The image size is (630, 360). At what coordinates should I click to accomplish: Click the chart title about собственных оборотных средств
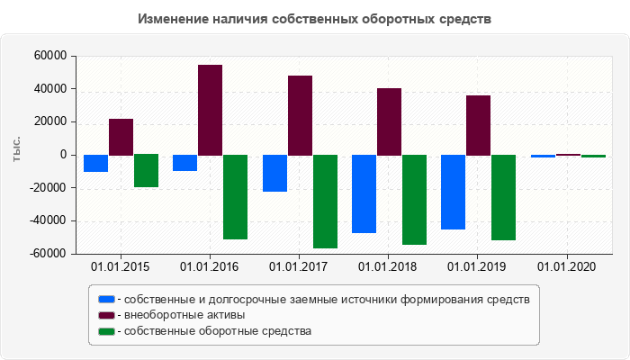(315, 19)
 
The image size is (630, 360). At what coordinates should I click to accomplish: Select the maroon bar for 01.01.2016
(210, 110)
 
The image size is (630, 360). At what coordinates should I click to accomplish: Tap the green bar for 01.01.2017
(325, 202)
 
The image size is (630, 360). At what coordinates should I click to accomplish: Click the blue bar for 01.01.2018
(364, 193)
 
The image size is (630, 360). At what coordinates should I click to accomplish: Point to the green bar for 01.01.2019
(503, 197)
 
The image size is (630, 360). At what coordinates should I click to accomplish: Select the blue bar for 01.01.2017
(274, 173)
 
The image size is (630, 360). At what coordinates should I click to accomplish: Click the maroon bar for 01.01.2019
(478, 125)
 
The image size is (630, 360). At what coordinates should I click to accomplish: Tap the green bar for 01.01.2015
(146, 171)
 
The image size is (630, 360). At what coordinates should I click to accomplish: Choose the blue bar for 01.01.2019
(453, 192)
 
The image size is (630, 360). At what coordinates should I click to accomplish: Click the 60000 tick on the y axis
(50, 56)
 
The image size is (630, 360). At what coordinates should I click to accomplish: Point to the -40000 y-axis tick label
(48, 221)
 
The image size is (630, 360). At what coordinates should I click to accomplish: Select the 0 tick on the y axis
(64, 155)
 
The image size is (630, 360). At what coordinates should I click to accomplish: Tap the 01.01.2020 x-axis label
(566, 267)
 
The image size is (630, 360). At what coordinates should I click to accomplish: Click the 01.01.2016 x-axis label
(209, 267)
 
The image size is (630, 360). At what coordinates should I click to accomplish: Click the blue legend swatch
(107, 299)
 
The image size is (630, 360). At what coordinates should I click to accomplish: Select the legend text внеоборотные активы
(185, 315)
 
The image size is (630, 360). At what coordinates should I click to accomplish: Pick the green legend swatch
(107, 331)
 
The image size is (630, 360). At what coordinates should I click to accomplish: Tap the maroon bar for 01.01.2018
(389, 121)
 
